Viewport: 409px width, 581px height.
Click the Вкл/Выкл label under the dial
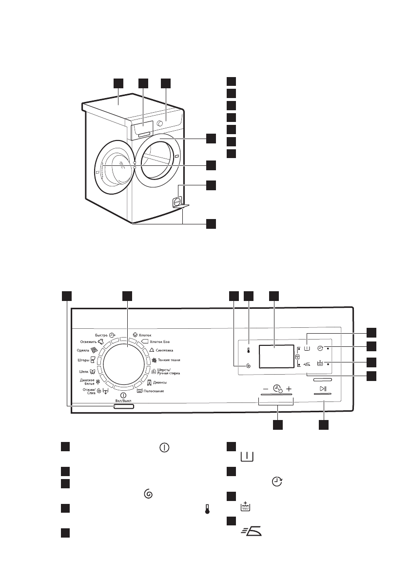[x=123, y=400]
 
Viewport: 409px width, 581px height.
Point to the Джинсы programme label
[x=160, y=382]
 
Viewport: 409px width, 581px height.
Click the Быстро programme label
[x=101, y=335]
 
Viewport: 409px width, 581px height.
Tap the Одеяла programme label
[x=84, y=350]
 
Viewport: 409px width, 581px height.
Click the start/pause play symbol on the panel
[x=323, y=388]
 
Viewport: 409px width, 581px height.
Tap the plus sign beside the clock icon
[x=289, y=389]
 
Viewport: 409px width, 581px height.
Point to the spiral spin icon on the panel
[x=249, y=365]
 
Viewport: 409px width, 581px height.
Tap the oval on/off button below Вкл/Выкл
[x=124, y=406]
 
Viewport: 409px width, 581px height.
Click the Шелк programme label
[x=85, y=371]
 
